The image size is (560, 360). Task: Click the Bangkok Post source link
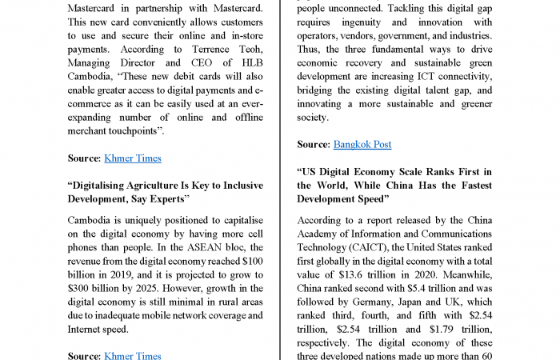[x=362, y=144]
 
